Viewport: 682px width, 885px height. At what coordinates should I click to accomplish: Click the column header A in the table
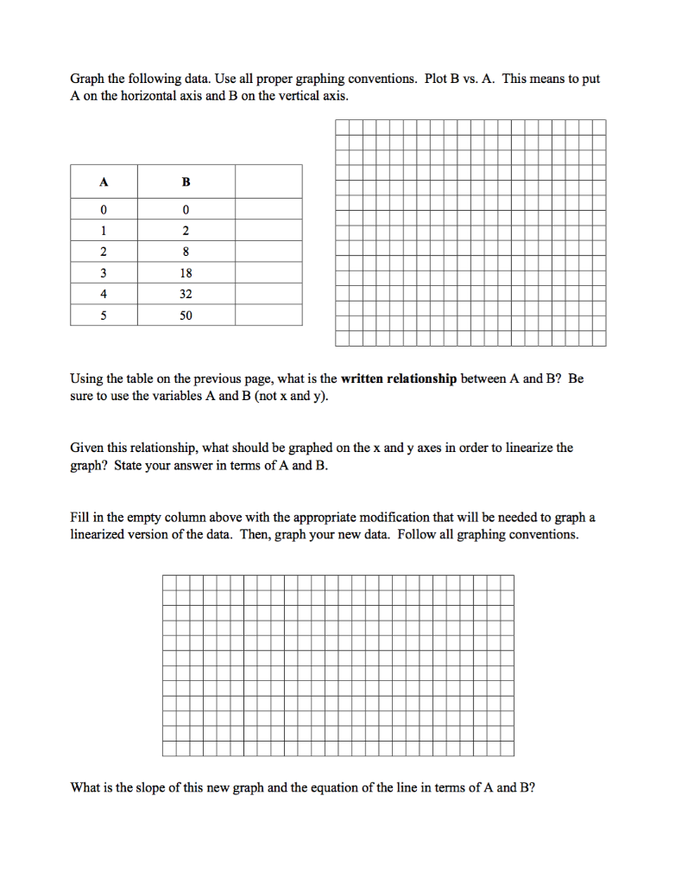click(104, 182)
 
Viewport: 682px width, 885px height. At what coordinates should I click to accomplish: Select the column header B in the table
click(186, 182)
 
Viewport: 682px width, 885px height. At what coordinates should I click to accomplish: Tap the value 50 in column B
click(186, 315)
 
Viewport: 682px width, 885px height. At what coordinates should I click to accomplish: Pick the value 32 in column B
click(186, 294)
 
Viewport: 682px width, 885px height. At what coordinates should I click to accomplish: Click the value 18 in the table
click(186, 273)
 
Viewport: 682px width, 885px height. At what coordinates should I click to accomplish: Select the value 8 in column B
click(186, 252)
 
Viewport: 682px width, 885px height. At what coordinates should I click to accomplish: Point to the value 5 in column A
click(104, 315)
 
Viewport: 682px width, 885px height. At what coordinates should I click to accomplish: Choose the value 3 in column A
click(104, 273)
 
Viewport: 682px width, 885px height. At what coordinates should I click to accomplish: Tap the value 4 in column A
click(104, 294)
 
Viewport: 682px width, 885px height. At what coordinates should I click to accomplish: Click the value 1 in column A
click(104, 231)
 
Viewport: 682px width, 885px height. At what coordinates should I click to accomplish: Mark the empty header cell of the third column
click(268, 182)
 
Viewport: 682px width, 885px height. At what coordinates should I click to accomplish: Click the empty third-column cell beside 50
click(268, 315)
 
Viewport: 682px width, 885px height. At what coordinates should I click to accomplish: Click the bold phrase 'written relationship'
click(399, 379)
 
